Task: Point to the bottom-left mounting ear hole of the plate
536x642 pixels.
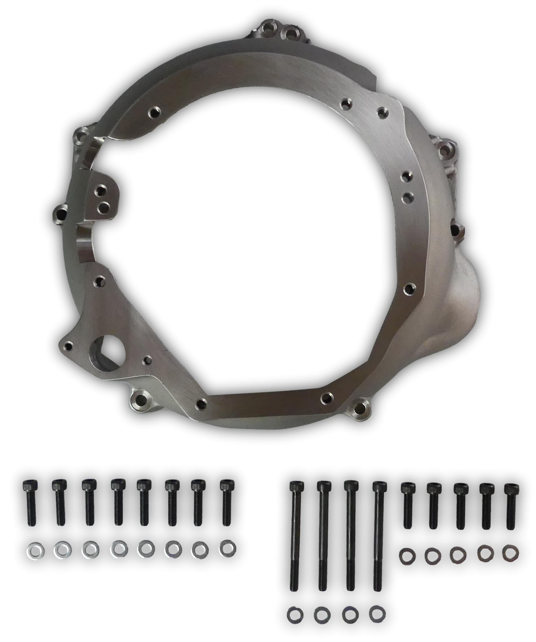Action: [141, 398]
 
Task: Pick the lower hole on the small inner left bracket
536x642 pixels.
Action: [104, 207]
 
